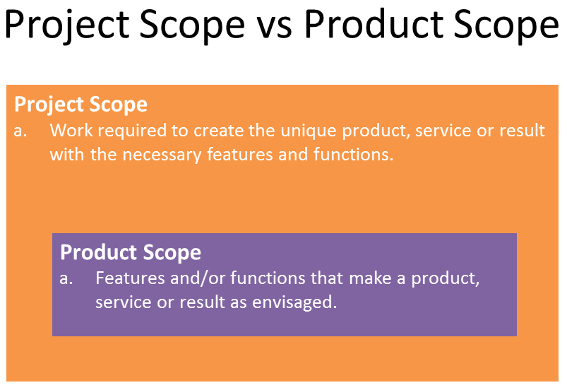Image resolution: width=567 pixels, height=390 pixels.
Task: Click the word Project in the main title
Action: [x=67, y=25]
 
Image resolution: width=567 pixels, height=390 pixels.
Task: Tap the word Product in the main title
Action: [x=374, y=24]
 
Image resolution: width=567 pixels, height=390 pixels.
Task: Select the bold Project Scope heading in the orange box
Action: [x=80, y=105]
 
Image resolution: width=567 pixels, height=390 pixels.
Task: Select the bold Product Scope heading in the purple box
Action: [x=131, y=252]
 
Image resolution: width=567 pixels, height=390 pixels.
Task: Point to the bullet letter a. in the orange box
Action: [x=20, y=131]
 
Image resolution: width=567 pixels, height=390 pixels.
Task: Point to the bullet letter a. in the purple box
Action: [x=66, y=278]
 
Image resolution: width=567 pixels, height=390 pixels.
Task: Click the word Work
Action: [x=71, y=130]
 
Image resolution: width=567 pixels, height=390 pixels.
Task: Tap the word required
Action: [x=132, y=131]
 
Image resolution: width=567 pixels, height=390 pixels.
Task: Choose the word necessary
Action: [x=162, y=155]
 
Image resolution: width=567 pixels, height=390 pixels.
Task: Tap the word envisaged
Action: [x=294, y=302]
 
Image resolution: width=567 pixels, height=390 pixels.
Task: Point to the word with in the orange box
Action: [x=67, y=155]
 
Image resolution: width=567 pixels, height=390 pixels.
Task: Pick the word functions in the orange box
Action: [x=353, y=155]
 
